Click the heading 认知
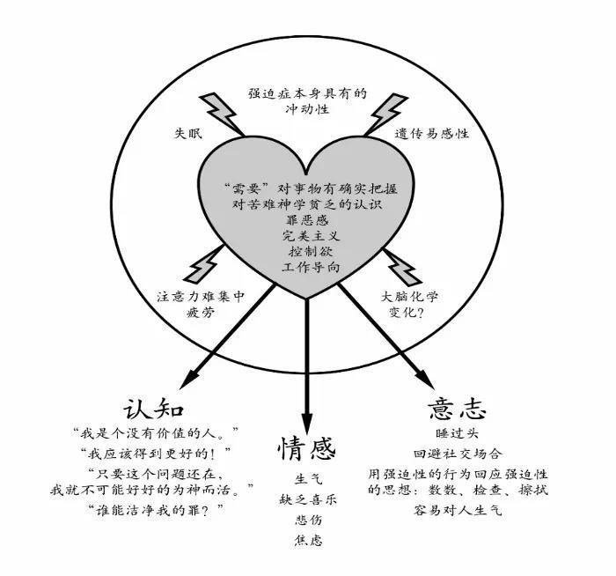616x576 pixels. pyautogui.click(x=154, y=409)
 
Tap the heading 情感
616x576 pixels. pyautogui.click(x=307, y=448)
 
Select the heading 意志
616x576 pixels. pyautogui.click(x=457, y=409)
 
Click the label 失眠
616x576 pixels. pyautogui.click(x=188, y=134)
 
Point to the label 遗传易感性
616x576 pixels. pyautogui.click(x=432, y=134)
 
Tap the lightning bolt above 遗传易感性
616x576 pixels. pyautogui.click(x=386, y=114)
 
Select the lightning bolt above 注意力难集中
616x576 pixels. pyautogui.click(x=204, y=263)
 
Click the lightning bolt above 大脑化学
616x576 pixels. pyautogui.click(x=402, y=266)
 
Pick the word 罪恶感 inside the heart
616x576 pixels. pyautogui.click(x=307, y=220)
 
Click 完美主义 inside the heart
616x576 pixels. pyautogui.click(x=311, y=235)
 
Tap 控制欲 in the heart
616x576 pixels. pyautogui.click(x=311, y=251)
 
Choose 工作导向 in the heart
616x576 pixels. pyautogui.click(x=311, y=267)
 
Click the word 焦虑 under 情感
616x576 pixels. pyautogui.click(x=308, y=541)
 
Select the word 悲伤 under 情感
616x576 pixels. pyautogui.click(x=308, y=521)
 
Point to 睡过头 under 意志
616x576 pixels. pyautogui.click(x=457, y=433)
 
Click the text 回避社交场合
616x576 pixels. pyautogui.click(x=458, y=454)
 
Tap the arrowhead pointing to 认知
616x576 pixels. pyautogui.click(x=189, y=380)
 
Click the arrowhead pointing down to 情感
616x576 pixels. pyautogui.click(x=307, y=424)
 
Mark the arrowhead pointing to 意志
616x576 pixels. pyautogui.click(x=424, y=379)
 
